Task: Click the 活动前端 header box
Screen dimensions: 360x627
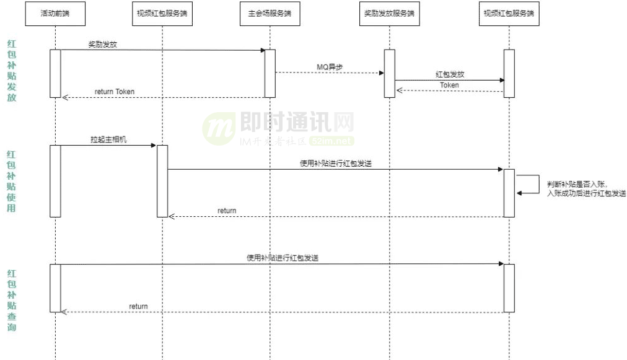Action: (55, 14)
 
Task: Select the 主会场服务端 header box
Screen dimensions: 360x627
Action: (270, 14)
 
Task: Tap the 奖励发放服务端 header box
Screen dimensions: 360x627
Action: (389, 14)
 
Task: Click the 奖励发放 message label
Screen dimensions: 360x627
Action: (102, 44)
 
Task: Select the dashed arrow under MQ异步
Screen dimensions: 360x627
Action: (329, 73)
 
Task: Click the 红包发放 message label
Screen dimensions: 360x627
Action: (449, 74)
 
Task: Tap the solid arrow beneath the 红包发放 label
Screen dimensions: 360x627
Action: (449, 80)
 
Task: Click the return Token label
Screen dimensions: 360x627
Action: (115, 92)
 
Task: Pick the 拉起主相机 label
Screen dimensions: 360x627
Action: (108, 139)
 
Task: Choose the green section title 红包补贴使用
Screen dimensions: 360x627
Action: (12, 181)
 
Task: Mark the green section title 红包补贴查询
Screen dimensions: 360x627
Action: (12, 300)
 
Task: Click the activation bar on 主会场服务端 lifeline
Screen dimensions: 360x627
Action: (270, 73)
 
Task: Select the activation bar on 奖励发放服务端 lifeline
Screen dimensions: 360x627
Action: (389, 73)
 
